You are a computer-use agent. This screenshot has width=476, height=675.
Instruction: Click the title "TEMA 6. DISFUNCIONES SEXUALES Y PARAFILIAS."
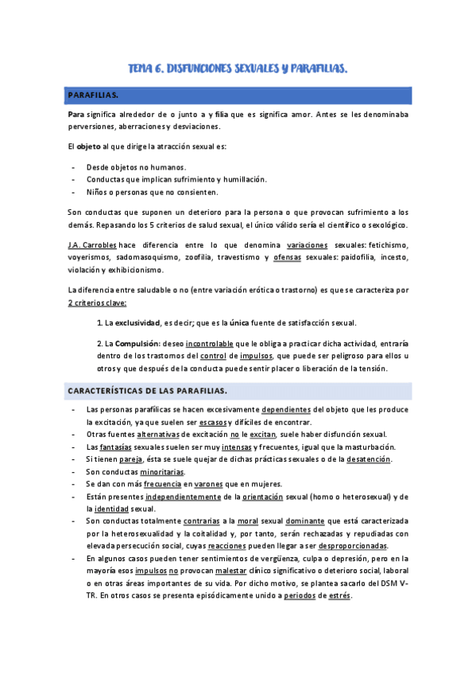click(238, 69)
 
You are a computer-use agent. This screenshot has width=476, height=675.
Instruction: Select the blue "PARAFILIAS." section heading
click(94, 96)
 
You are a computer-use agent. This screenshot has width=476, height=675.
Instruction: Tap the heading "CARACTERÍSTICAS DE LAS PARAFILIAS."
click(147, 391)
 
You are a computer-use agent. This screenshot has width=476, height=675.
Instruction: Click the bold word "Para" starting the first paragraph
click(77, 115)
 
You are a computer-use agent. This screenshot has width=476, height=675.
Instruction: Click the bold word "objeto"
click(89, 147)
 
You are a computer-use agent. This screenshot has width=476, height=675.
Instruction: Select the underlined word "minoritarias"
click(162, 472)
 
